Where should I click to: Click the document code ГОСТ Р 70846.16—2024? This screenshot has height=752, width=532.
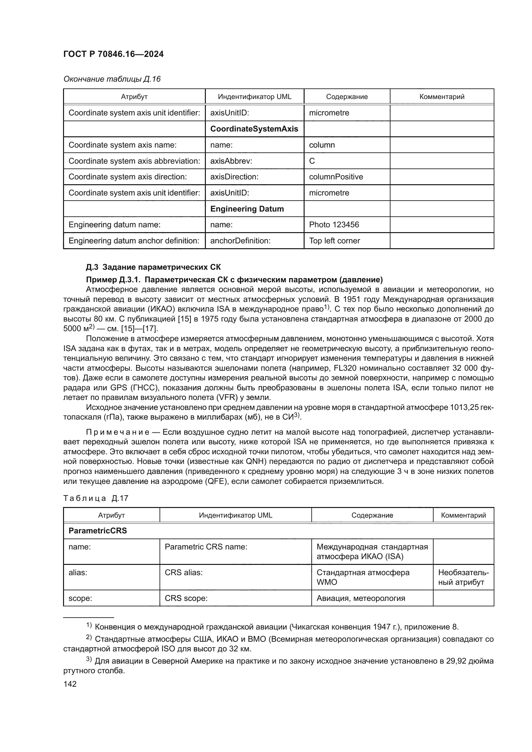point(113,54)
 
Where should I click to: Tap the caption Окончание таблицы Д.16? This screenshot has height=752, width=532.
point(112,79)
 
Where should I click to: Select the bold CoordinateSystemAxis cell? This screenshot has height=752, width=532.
point(254,129)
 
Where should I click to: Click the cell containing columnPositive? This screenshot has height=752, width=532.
point(336,177)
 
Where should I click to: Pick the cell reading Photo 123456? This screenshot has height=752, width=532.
point(334,225)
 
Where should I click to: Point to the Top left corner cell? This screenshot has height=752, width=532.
point(334,241)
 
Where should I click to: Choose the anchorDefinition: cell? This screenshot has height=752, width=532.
point(240,241)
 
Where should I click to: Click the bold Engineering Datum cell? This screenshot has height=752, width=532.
point(247,209)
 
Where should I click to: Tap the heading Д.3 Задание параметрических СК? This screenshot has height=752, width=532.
point(153,267)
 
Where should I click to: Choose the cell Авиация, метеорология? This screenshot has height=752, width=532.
point(360,598)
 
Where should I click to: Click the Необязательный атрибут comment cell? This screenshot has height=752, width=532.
point(463,577)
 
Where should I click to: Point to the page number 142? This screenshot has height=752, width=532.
point(70,684)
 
